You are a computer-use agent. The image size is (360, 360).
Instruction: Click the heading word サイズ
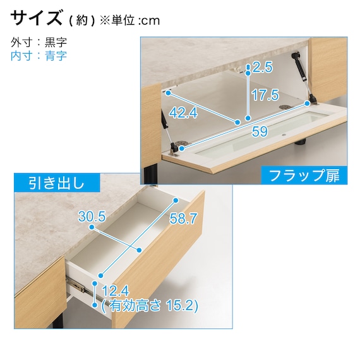coord(36,18)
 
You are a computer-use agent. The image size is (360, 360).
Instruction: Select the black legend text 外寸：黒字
coord(39,42)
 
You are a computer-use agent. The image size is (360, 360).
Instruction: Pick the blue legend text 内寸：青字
coord(39,56)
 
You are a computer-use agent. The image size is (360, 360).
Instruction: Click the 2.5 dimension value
coord(263,67)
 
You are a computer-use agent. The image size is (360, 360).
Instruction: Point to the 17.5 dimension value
coord(265,95)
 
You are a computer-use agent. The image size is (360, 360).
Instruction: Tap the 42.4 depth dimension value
coord(183,112)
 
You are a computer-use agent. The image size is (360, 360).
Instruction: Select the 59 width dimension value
coord(260,131)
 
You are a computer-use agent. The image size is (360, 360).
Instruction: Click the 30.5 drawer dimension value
coord(92,217)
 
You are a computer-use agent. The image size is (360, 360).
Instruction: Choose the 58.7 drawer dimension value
coord(183,218)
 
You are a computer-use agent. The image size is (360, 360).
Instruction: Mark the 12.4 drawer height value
coord(116,291)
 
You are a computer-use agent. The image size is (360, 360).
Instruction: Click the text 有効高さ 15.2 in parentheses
coord(150,306)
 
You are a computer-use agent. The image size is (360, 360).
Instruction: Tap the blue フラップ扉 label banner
coord(304,176)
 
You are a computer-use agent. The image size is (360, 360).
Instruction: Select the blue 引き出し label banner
coord(57,183)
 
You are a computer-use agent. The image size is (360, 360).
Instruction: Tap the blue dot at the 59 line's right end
coord(307,104)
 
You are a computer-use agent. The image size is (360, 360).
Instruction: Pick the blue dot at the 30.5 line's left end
coord(92,227)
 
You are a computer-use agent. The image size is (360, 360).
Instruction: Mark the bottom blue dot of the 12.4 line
coord(95,305)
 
